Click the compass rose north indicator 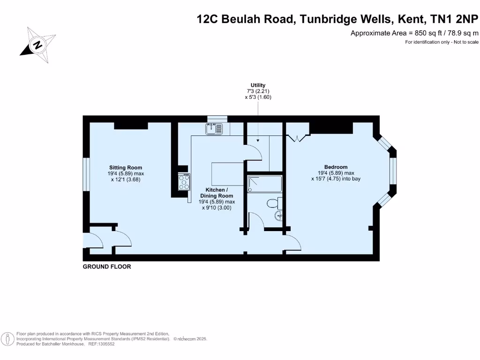click(x=36, y=45)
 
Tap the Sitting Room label click(x=126, y=167)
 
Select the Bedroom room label click(x=336, y=167)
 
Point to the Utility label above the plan click(x=258, y=85)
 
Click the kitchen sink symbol click(x=215, y=128)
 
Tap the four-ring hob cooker click(x=184, y=182)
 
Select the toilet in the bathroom click(x=272, y=203)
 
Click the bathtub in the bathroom click(x=264, y=184)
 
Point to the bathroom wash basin click(x=279, y=216)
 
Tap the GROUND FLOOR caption click(x=107, y=267)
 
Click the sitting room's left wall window click(x=86, y=174)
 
